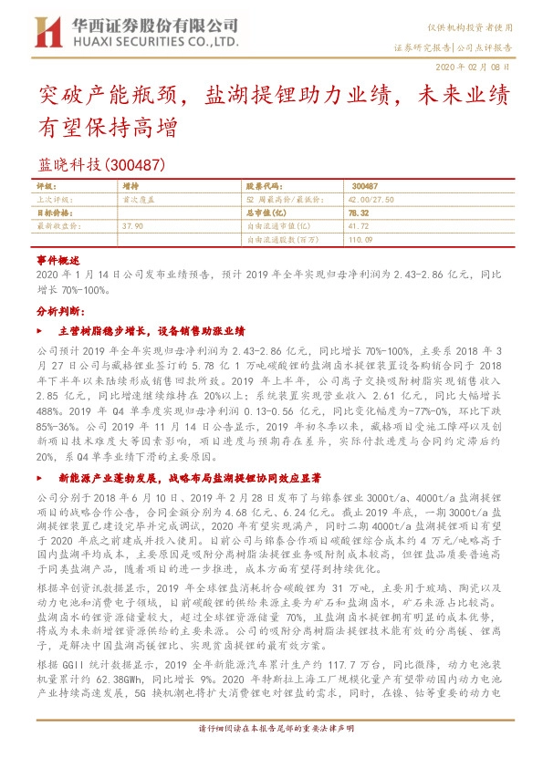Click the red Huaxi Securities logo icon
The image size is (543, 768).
coord(46,32)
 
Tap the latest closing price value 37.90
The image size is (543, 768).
coord(131,223)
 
